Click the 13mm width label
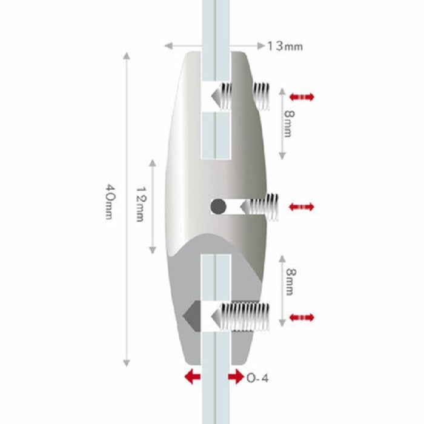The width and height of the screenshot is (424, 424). [285, 46]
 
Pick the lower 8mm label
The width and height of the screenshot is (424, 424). [289, 283]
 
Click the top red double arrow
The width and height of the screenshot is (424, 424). [302, 97]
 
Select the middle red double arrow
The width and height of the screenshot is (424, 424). [302, 207]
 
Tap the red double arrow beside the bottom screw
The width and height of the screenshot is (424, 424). [302, 317]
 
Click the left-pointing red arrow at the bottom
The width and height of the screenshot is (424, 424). [192, 377]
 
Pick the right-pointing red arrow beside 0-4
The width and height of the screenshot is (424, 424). [236, 377]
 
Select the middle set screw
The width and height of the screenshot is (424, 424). [260, 207]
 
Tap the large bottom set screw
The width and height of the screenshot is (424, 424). [242, 317]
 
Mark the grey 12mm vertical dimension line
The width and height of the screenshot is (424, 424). [154, 206]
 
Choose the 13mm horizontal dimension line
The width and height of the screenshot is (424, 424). [182, 45]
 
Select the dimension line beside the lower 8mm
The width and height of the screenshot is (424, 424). [282, 291]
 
